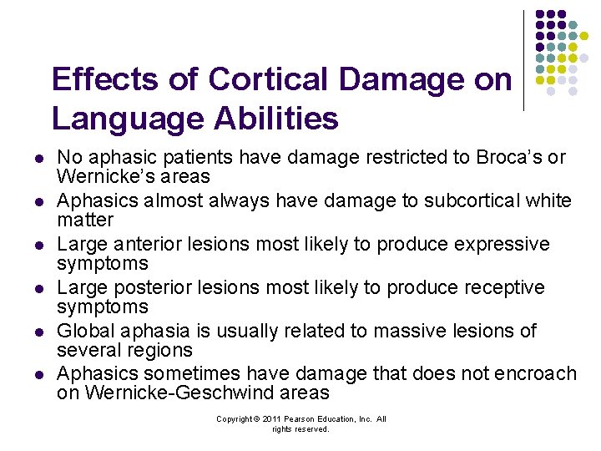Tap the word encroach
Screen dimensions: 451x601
[535, 373]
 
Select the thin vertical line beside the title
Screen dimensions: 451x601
[524, 60]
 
